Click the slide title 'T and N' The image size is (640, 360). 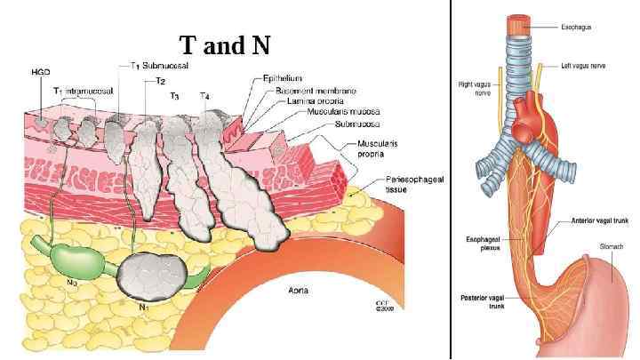[224, 44]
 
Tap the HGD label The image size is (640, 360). [40, 71]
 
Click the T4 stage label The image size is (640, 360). [205, 95]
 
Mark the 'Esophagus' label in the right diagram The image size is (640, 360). [575, 28]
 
